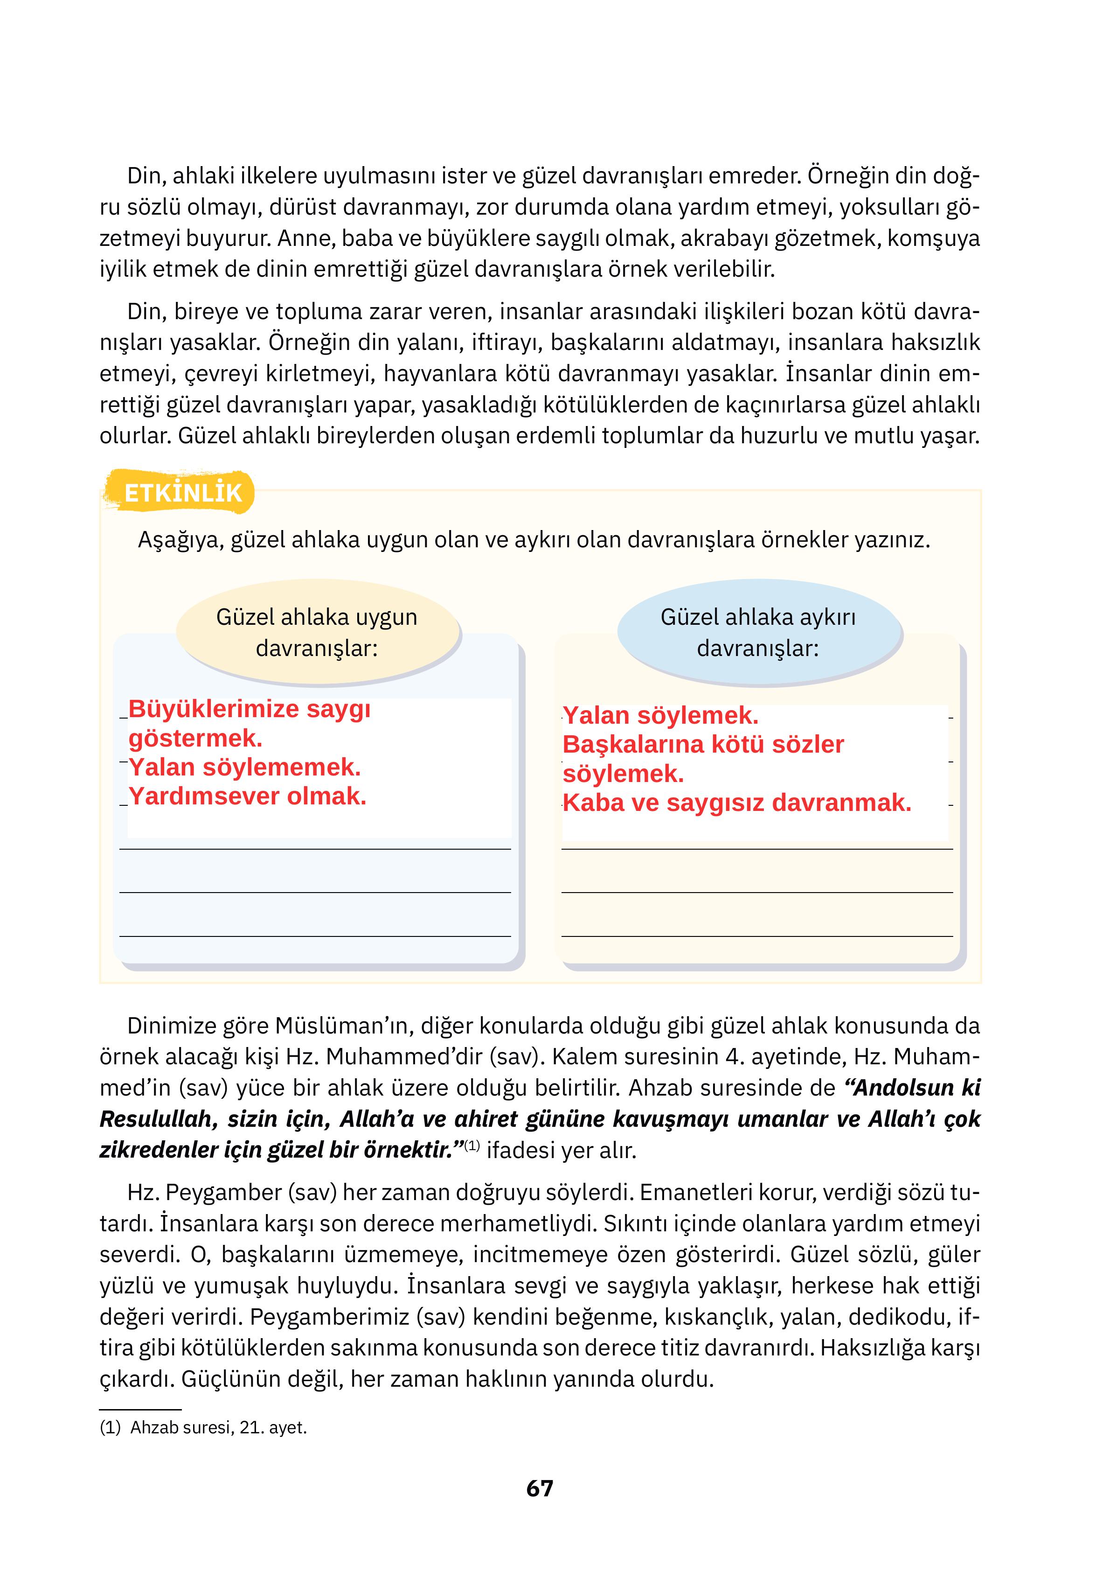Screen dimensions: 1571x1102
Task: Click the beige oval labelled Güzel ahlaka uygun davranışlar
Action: pyautogui.click(x=317, y=632)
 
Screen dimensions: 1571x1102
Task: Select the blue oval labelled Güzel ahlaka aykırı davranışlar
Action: pyautogui.click(x=758, y=632)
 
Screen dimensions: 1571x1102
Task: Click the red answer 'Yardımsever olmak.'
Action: pyautogui.click(x=248, y=796)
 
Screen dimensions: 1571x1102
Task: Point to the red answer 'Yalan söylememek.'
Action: pyautogui.click(x=244, y=767)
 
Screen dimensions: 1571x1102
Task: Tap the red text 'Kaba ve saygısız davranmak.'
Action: pyautogui.click(x=737, y=803)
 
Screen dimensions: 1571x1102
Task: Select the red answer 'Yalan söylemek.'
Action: pyautogui.click(x=660, y=716)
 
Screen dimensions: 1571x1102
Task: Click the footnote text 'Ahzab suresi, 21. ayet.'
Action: pyautogui.click(x=218, y=1428)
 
